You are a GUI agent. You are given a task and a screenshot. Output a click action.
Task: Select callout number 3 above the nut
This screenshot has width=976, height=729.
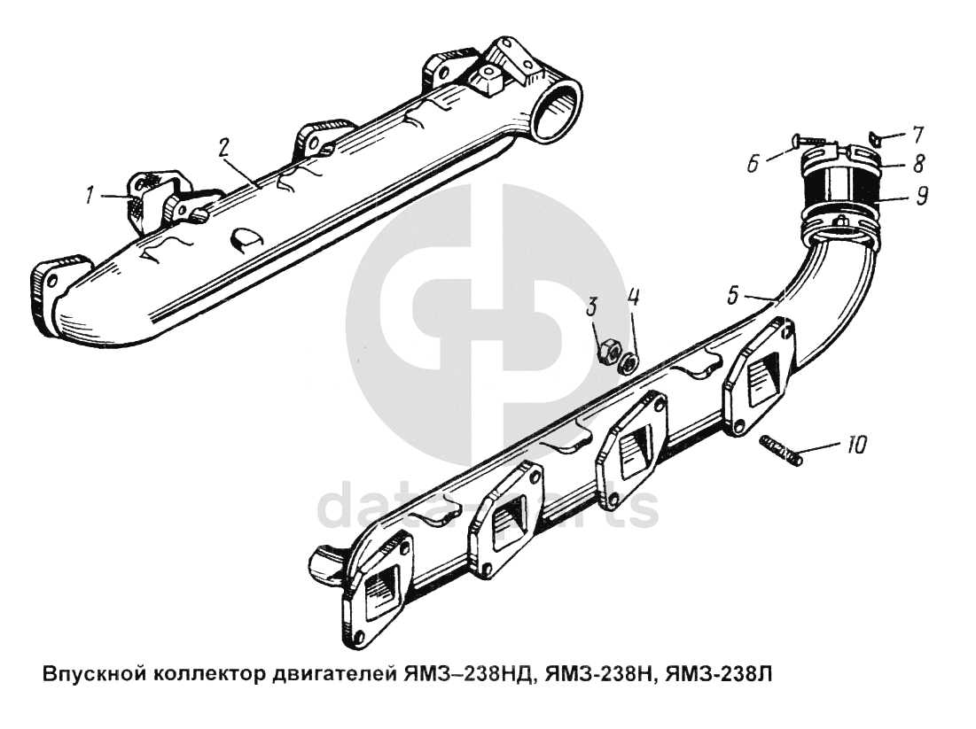(x=591, y=307)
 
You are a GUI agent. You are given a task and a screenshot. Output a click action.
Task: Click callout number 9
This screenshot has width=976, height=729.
(x=921, y=195)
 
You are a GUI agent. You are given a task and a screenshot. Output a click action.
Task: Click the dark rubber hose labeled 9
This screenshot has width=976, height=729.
(x=837, y=190)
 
